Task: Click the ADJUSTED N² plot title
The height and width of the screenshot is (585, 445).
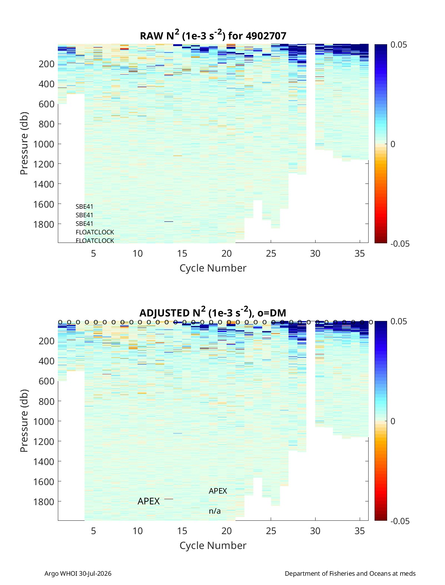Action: [x=212, y=312]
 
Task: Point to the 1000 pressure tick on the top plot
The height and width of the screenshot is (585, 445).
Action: [x=44, y=144]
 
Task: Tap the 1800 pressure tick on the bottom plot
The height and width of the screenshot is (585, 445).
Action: [x=44, y=502]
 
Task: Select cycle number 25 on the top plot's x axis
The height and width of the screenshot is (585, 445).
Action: [x=271, y=253]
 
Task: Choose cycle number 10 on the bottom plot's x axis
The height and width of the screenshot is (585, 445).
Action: [x=138, y=531]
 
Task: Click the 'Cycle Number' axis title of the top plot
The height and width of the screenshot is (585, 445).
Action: [x=213, y=268]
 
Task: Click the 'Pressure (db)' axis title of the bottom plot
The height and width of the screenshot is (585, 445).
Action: [x=24, y=420]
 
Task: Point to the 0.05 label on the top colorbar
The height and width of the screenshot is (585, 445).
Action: [x=398, y=45]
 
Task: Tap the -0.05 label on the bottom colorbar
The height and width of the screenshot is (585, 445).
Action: [x=400, y=521]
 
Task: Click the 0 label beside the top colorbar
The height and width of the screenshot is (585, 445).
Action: [x=393, y=144]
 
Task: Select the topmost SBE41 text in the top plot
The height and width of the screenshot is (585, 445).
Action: [x=84, y=207]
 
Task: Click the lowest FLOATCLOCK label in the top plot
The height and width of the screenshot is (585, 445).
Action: [x=95, y=241]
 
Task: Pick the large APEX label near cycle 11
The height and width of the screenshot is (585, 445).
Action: [x=148, y=501]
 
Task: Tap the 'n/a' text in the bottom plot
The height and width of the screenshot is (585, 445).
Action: [x=215, y=511]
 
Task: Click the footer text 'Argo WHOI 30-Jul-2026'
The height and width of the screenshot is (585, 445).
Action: [x=78, y=573]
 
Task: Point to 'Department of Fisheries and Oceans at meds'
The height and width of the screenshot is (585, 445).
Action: [x=350, y=573]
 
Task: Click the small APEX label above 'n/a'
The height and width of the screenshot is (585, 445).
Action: [x=218, y=491]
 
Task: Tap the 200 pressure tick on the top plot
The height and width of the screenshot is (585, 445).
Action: [x=47, y=64]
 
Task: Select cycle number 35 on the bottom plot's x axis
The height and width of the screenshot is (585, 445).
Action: [x=360, y=531]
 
